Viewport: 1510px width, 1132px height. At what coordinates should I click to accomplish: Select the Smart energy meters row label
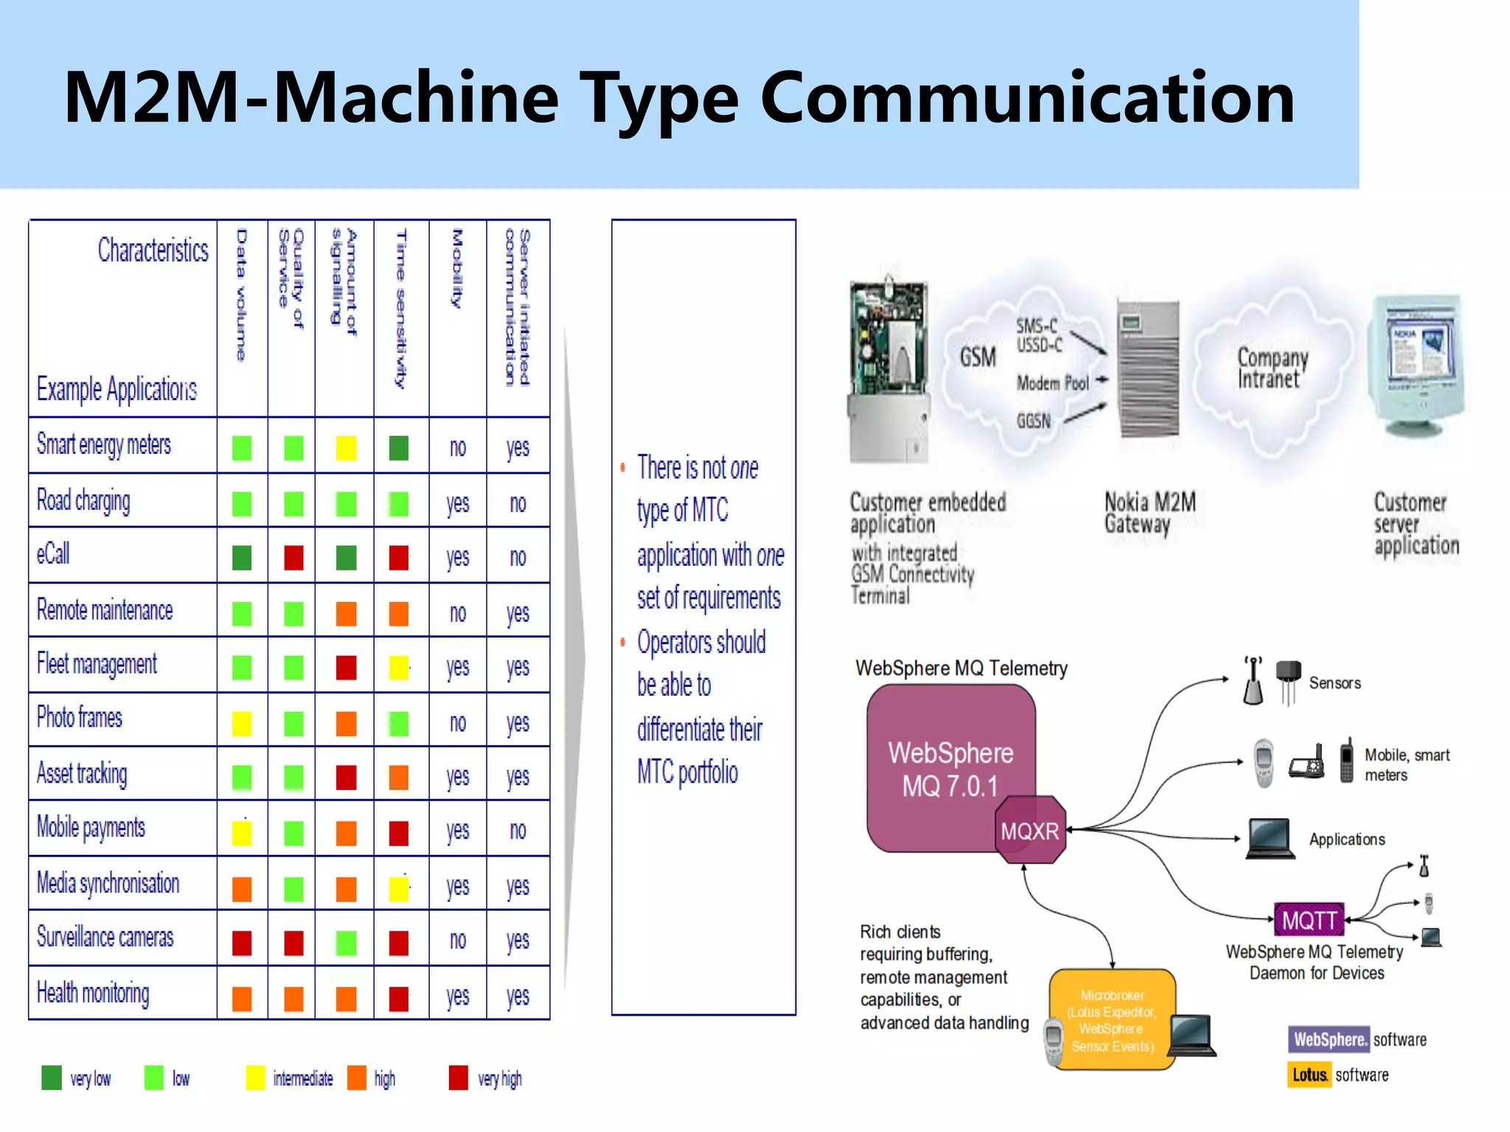104,445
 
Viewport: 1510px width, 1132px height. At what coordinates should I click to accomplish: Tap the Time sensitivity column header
400,309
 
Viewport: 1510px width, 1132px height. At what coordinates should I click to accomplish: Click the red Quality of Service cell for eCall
293,558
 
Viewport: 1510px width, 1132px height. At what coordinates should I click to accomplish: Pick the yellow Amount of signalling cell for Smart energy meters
346,447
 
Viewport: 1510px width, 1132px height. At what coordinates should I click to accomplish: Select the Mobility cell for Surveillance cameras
458,940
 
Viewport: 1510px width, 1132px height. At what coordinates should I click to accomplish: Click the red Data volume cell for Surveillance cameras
242,943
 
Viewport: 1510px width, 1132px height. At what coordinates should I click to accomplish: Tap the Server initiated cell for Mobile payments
518,831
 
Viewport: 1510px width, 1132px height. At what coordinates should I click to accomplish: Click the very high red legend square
458,1077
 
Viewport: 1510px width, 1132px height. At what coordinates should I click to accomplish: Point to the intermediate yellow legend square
255,1077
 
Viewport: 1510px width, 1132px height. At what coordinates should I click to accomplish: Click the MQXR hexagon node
1030,831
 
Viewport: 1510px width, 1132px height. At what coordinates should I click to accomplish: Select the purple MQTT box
1309,920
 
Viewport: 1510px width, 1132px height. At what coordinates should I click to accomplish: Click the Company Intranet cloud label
1272,368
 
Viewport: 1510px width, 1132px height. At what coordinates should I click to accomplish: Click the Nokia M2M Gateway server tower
1148,368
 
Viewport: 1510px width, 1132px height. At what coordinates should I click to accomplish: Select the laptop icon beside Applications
1270,839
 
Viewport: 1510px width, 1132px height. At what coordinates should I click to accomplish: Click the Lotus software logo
1310,1075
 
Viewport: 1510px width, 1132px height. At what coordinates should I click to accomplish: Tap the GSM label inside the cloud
978,357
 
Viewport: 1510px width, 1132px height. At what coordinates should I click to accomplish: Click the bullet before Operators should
623,642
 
